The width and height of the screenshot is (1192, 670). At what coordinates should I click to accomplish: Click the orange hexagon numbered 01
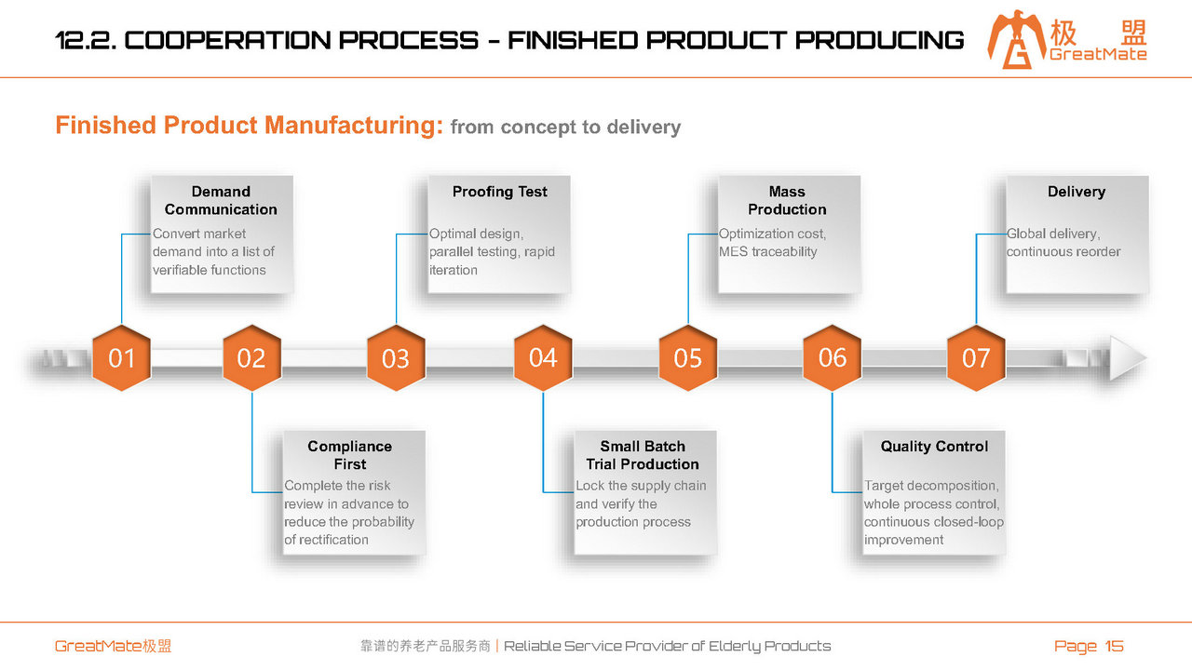pos(121,358)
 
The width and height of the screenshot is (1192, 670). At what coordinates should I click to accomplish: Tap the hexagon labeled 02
pos(251,358)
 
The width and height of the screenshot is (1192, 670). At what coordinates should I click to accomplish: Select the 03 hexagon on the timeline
pos(396,358)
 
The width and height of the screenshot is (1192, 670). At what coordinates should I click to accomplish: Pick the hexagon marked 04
pos(543,358)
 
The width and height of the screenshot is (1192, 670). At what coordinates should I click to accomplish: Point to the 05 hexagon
pos(687,358)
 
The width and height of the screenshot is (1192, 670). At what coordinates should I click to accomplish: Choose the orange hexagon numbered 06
pos(833,358)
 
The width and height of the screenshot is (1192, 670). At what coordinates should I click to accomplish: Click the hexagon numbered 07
pos(976,358)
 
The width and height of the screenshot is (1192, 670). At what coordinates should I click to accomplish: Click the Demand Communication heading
pos(221,200)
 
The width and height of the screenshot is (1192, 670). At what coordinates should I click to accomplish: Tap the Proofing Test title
pos(500,192)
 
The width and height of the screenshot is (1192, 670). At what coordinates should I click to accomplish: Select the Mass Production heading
pos(787,200)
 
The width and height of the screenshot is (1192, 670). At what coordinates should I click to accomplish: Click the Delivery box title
pos(1077,192)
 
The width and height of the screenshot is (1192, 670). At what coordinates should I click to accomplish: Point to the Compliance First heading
pos(349,455)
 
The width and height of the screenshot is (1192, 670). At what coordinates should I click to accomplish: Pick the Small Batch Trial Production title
pos(643,455)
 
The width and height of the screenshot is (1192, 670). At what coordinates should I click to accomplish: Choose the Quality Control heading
pos(934,447)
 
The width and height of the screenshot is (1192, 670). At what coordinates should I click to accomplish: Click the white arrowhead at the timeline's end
pos(1127,358)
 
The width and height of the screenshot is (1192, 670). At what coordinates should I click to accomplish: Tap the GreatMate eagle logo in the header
pos(1016,40)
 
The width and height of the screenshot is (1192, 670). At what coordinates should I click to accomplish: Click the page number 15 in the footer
pos(1114,646)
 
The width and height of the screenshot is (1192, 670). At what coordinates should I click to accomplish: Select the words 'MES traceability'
pos(768,251)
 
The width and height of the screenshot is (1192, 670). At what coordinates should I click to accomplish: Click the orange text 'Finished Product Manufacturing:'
pos(249,126)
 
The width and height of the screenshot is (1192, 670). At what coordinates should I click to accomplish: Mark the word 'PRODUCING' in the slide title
pos(880,40)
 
